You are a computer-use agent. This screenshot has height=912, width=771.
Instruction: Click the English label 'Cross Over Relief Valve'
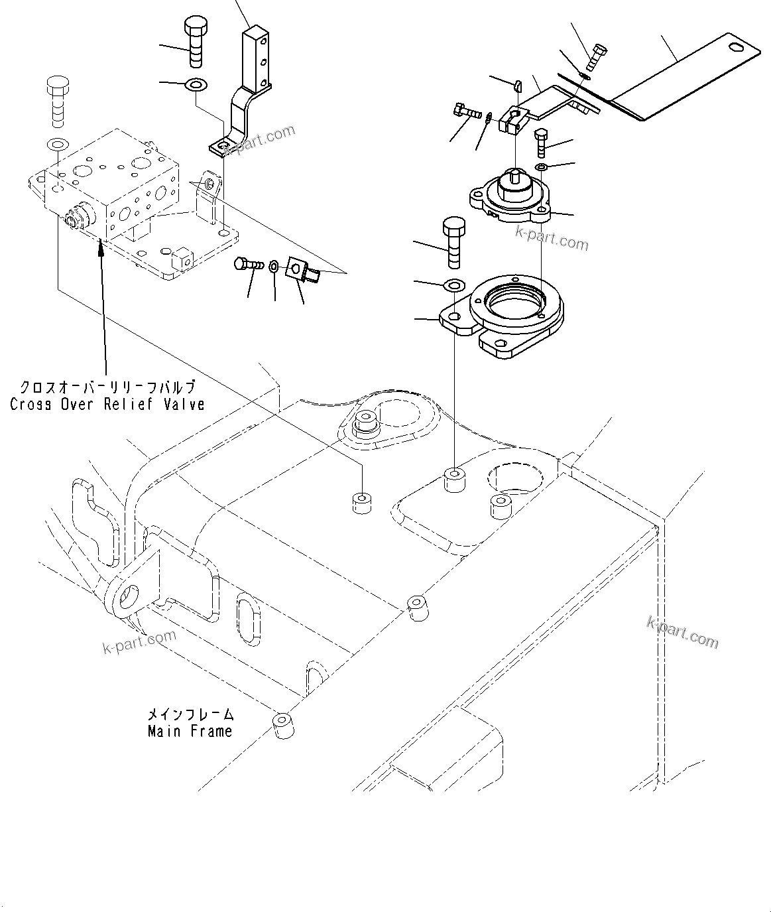point(107,404)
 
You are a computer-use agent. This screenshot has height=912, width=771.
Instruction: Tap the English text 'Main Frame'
point(190,731)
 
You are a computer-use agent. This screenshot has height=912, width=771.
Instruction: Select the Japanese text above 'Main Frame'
point(190,715)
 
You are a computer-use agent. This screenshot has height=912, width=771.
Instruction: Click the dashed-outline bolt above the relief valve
point(57,101)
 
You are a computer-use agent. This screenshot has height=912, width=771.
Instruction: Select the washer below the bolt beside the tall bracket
point(196,84)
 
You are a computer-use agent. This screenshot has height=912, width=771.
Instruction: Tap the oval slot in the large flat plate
point(735,46)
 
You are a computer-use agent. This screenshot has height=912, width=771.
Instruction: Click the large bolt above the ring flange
point(453,242)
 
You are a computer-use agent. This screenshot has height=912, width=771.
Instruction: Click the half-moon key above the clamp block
point(518,84)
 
